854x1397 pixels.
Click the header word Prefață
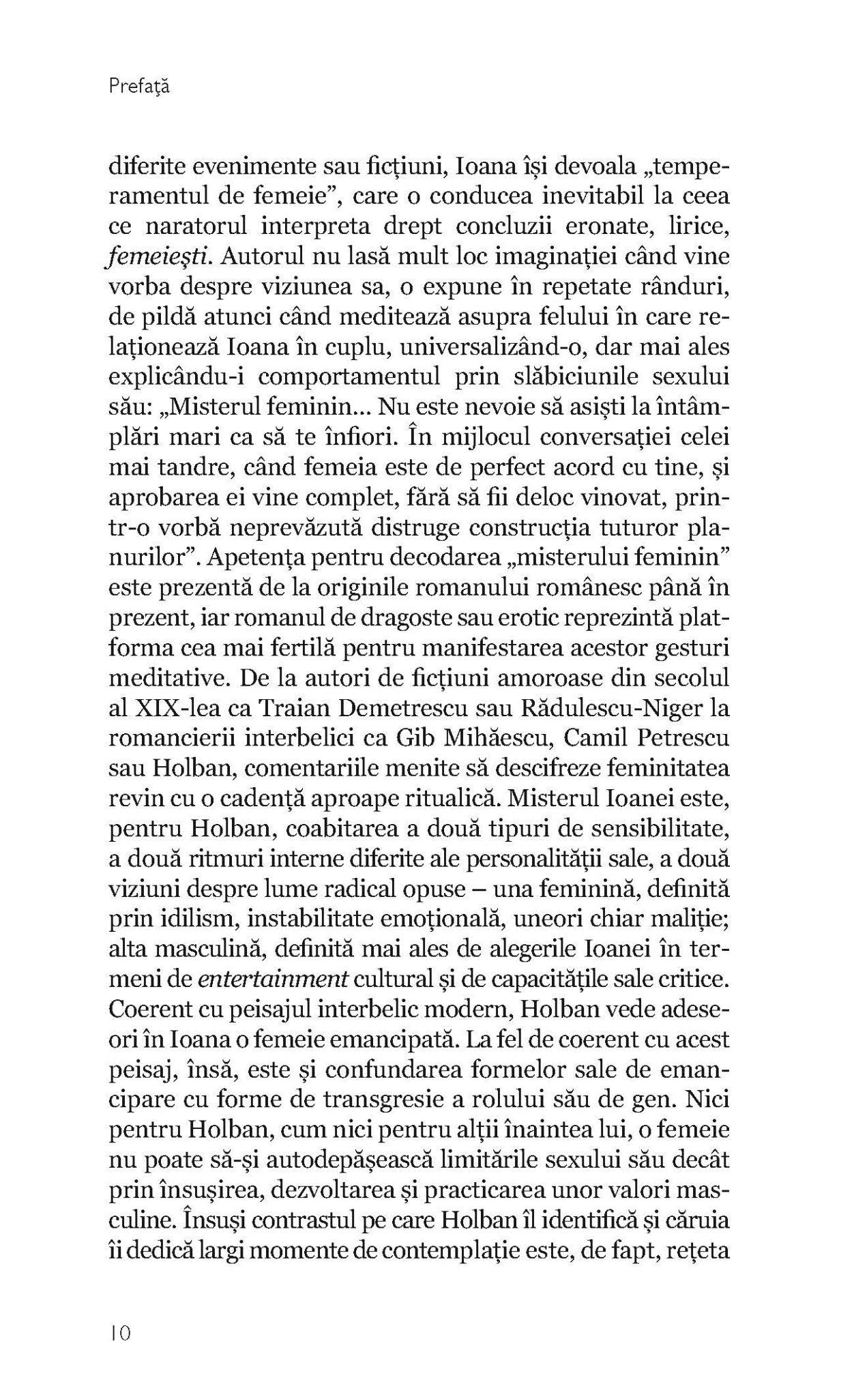(138, 87)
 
